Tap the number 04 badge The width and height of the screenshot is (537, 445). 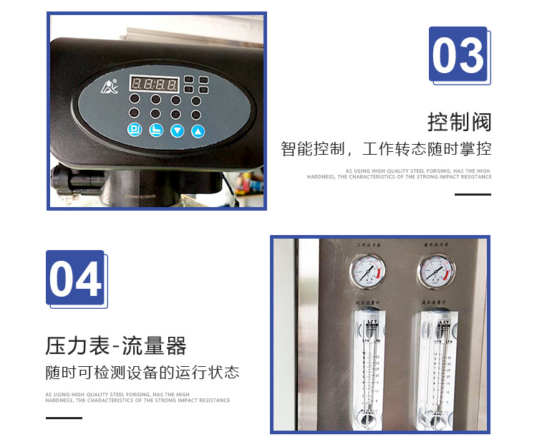pos(76,279)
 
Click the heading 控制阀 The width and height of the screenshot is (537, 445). pos(460,122)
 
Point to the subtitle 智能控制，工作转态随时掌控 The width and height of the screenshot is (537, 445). pos(386,150)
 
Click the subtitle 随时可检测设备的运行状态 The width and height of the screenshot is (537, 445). pos(142,373)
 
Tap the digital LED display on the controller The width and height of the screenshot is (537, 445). pos(153,84)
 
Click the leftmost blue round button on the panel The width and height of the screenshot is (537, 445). pos(135,130)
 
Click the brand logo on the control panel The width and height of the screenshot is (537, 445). pos(106,91)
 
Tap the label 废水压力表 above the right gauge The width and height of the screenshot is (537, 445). pos(435,246)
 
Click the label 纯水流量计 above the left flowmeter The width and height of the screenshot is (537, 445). pos(367,304)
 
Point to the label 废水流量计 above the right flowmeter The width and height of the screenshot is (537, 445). pos(435,304)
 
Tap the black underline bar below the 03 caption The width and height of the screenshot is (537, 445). pos(473,194)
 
